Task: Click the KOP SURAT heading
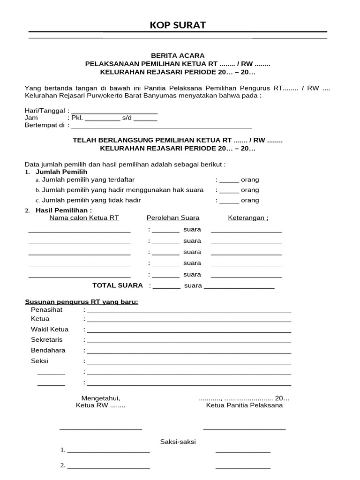click(178, 25)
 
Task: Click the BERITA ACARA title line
click(178, 55)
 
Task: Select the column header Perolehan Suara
click(173, 217)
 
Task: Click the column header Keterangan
click(248, 217)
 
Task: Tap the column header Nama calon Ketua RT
click(84, 217)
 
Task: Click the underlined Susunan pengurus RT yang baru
click(81, 302)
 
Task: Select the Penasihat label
click(46, 310)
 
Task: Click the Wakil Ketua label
click(50, 330)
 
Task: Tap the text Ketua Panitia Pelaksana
click(244, 405)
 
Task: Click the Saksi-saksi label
click(178, 442)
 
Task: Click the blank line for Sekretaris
click(188, 341)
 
